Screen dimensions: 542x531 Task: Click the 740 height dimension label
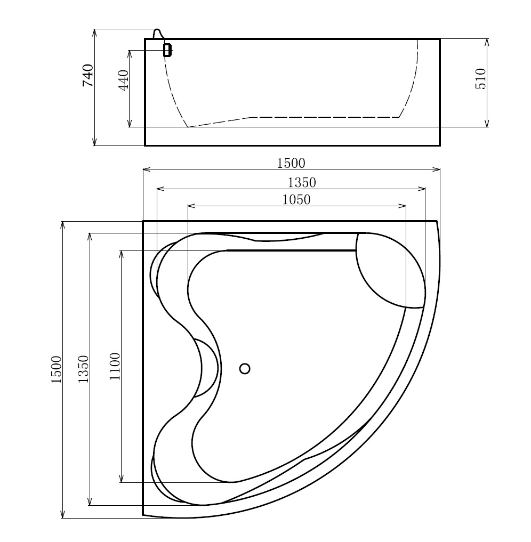(x=88, y=75)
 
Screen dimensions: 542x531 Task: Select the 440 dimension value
(x=123, y=80)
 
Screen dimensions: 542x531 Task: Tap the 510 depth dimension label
(x=480, y=79)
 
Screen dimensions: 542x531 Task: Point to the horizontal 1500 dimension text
(x=291, y=163)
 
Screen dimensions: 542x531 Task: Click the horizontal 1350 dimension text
(x=302, y=183)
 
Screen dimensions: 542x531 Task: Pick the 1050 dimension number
(x=296, y=200)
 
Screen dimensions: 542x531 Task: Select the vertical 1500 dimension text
(x=57, y=369)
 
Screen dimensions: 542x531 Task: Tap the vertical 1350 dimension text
(x=83, y=369)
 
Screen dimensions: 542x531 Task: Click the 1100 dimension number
(x=115, y=366)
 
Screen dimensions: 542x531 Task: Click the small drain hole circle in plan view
(x=245, y=368)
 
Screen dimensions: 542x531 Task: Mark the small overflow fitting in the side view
(x=167, y=50)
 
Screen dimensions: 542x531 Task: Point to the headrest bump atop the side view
(x=158, y=34)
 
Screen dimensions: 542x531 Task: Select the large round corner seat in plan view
(x=391, y=270)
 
